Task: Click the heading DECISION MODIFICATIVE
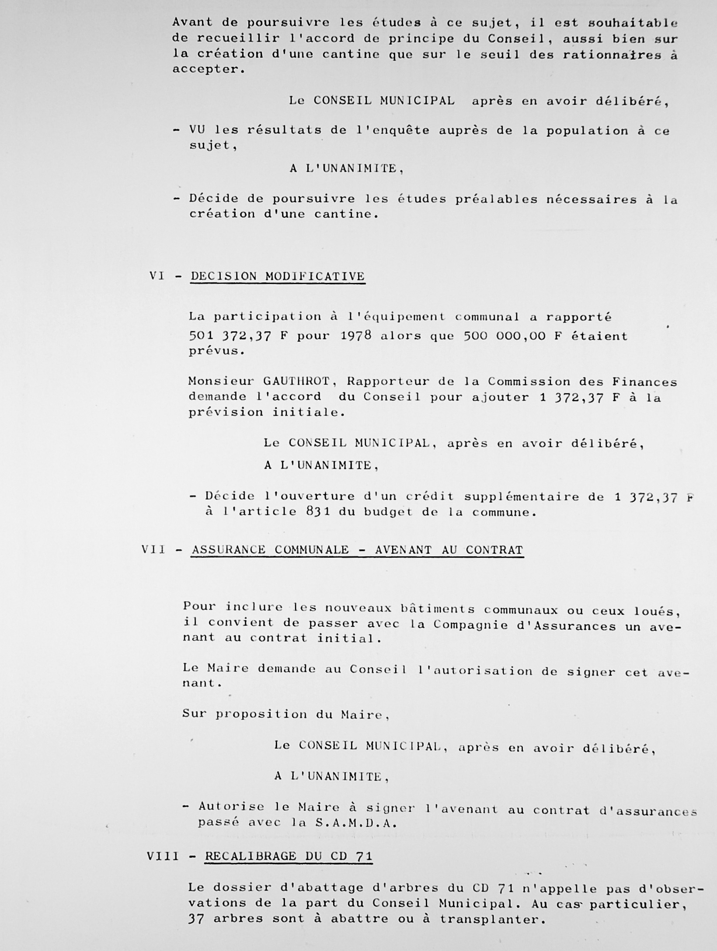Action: [278, 276]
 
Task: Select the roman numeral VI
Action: [157, 276]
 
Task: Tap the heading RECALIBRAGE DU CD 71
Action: [289, 856]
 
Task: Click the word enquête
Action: [396, 130]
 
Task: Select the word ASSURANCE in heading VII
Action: [228, 549]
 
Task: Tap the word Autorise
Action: [231, 807]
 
